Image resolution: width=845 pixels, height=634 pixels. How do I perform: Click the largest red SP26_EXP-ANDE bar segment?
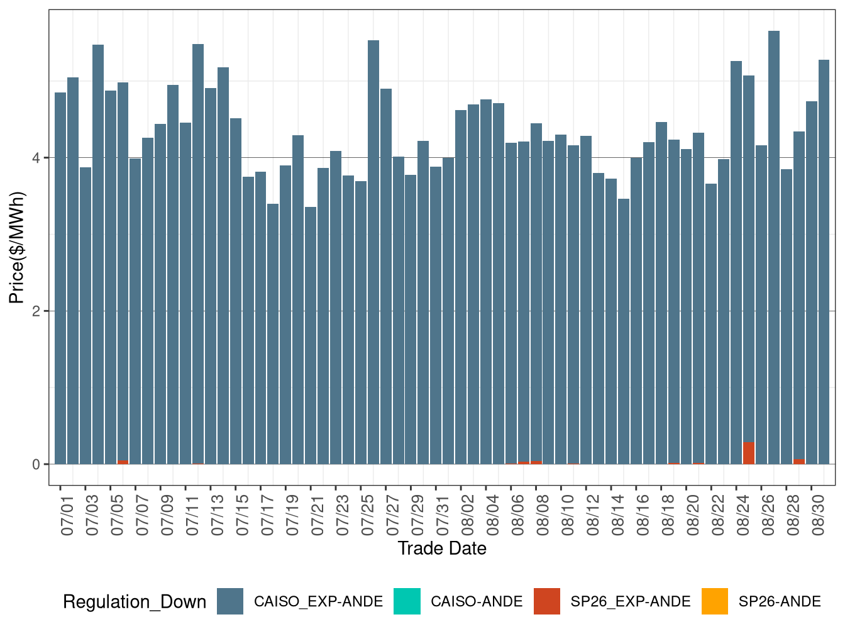pyautogui.click(x=749, y=453)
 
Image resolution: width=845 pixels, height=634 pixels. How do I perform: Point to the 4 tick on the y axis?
pyautogui.click(x=36, y=158)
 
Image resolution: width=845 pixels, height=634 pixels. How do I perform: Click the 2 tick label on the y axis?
pyautogui.click(x=36, y=311)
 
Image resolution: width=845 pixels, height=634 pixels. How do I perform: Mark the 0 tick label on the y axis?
pyautogui.click(x=36, y=465)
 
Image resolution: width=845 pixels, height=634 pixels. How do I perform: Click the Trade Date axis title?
pyautogui.click(x=442, y=548)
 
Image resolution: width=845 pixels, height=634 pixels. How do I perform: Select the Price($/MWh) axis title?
pyautogui.click(x=17, y=247)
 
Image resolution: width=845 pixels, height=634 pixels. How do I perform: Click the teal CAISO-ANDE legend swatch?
pyautogui.click(x=407, y=601)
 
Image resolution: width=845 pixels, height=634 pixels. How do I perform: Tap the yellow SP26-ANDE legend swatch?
pyautogui.click(x=715, y=601)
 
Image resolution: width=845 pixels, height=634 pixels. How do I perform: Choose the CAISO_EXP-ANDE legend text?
pyautogui.click(x=318, y=602)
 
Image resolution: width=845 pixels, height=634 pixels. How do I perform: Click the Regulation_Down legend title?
pyautogui.click(x=135, y=602)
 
